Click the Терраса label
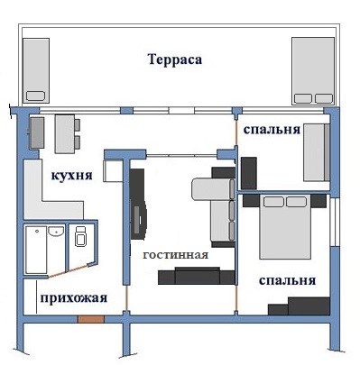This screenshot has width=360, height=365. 173,60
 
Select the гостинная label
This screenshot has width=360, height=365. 176,254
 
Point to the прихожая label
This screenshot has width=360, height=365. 72,298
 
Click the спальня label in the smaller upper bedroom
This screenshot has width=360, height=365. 272,129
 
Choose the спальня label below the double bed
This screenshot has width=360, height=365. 286,280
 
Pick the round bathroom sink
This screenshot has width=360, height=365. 57,233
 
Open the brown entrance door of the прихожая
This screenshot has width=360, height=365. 91,319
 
